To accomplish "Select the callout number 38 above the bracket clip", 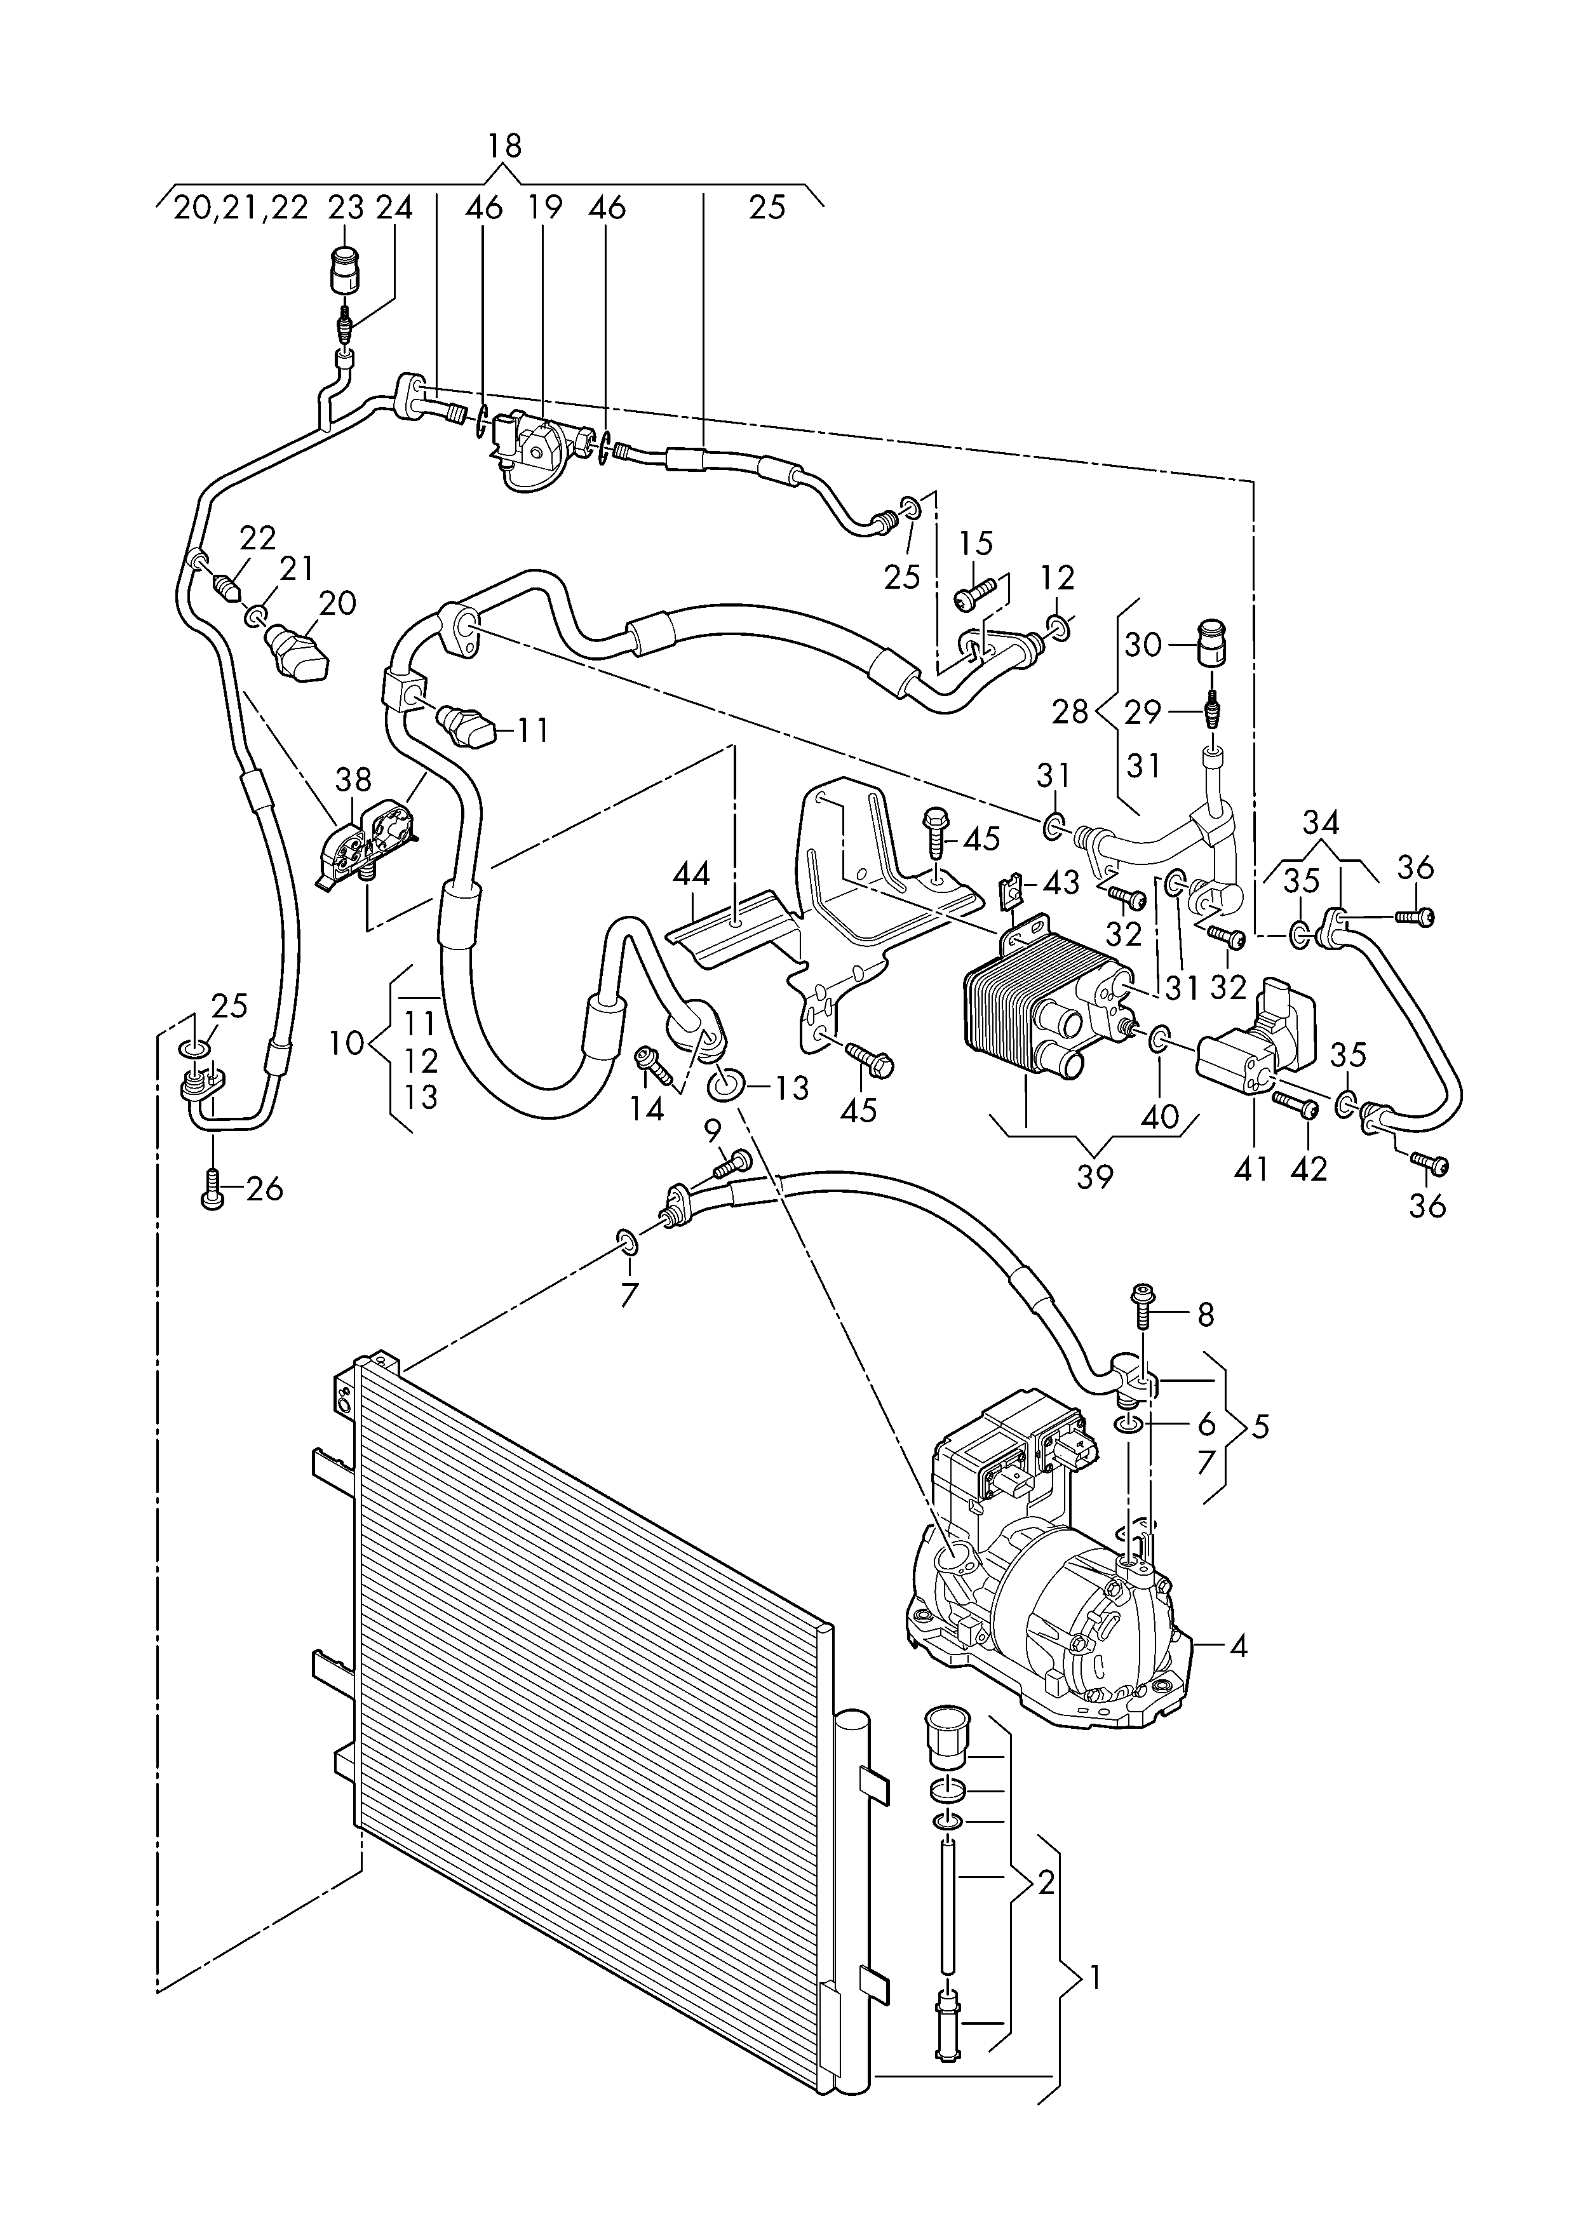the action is pos(353,779).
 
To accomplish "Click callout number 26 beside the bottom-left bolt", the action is pos(265,1189).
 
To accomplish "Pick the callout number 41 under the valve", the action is pos(1251,1169).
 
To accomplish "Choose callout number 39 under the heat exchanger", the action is pos(1094,1176).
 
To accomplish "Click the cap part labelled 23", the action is pos(344,271).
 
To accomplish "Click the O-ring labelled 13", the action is pos(722,1085).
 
